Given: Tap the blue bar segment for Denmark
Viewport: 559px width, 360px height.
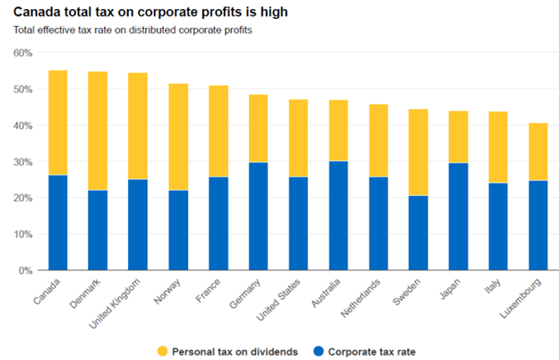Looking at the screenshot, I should tap(98, 229).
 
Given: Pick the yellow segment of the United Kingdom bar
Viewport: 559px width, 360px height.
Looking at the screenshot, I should tap(138, 125).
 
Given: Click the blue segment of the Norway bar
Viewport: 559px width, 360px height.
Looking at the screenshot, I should tap(178, 229).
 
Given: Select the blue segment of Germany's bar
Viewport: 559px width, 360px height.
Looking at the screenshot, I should tap(258, 216).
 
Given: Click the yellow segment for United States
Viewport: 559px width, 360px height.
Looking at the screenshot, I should tap(298, 138).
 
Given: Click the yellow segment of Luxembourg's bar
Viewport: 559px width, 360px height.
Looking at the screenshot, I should tap(538, 151).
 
